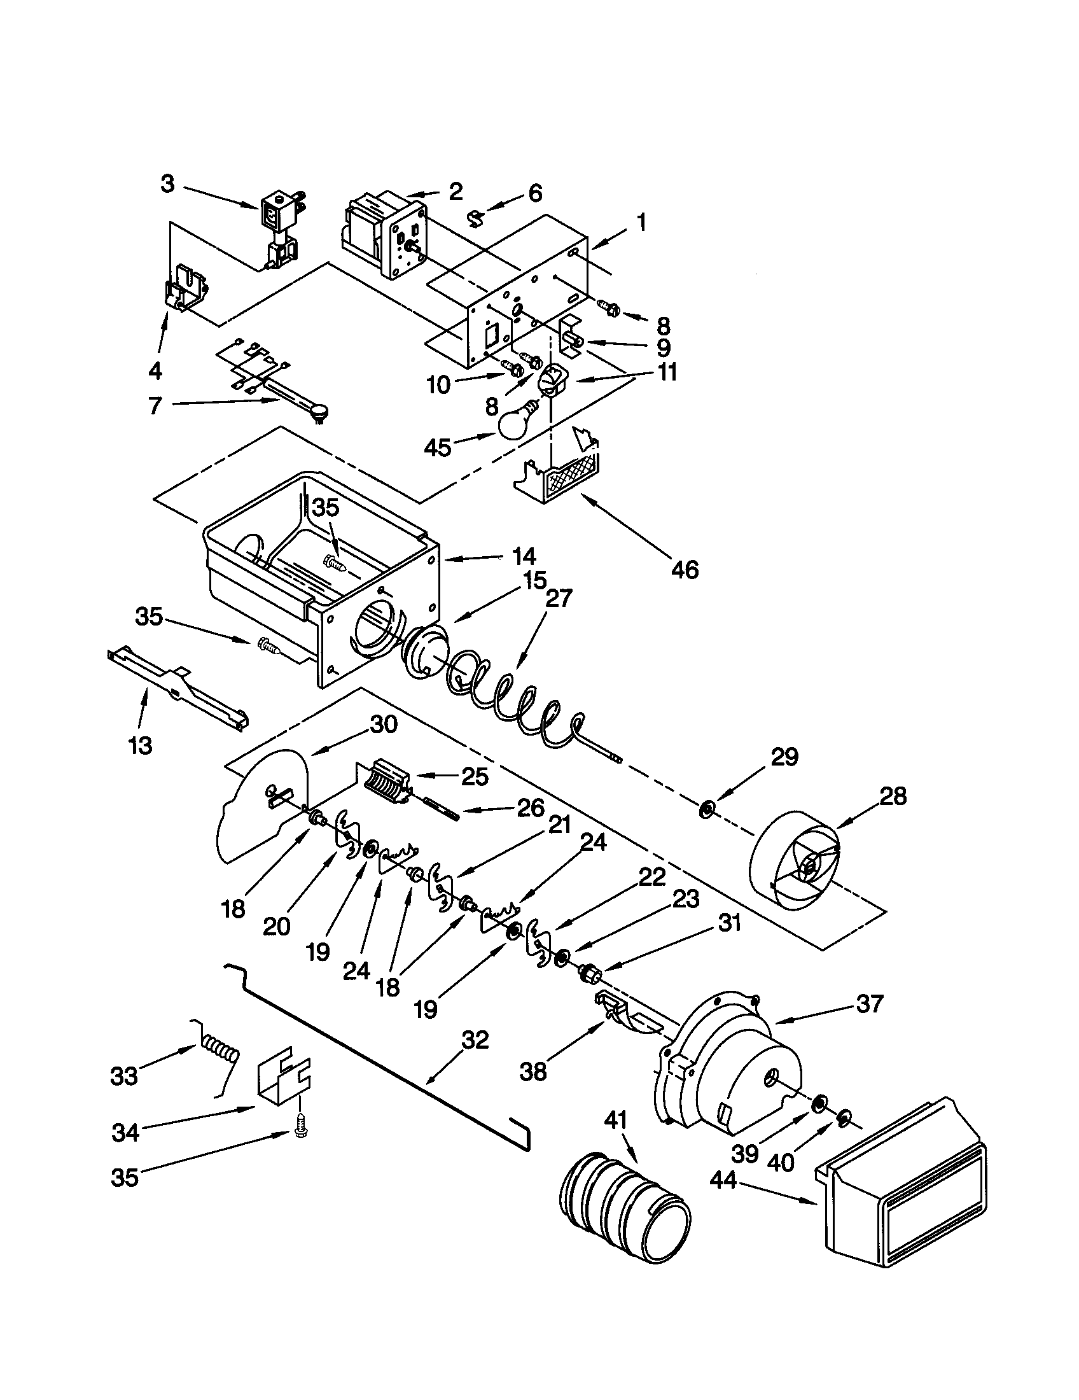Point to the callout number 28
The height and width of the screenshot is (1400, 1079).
(x=893, y=796)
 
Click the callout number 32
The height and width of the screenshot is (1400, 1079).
(x=475, y=1040)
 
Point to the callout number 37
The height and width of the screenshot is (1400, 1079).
(x=869, y=1003)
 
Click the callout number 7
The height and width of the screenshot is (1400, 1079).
(x=155, y=405)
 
